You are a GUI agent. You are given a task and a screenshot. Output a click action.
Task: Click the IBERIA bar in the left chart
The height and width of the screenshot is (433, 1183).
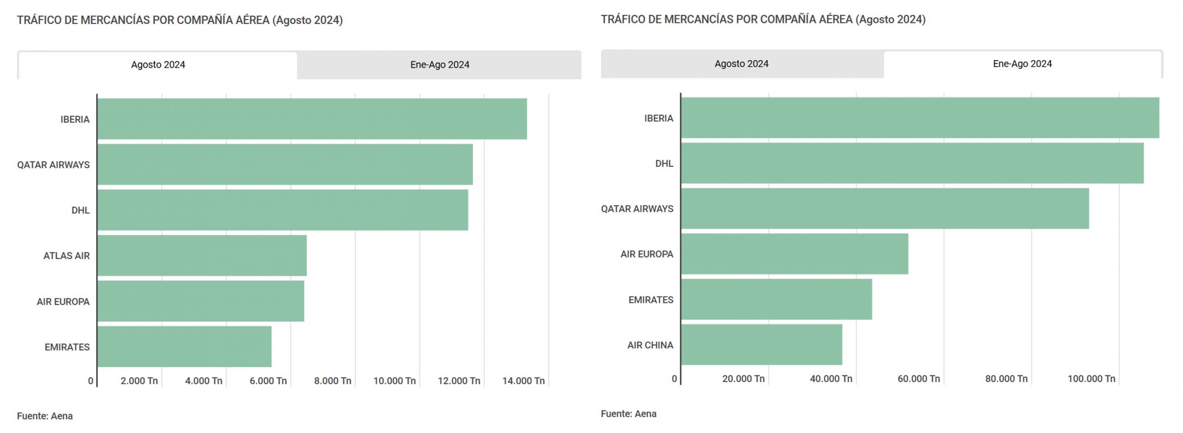pyautogui.click(x=312, y=119)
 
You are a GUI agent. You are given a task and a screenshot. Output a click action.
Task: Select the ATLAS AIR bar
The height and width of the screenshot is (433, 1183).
pyautogui.click(x=202, y=256)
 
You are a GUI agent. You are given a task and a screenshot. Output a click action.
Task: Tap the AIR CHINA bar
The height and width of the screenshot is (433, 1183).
pyautogui.click(x=762, y=345)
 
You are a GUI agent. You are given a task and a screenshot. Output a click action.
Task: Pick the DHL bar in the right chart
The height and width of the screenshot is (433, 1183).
pyautogui.click(x=912, y=163)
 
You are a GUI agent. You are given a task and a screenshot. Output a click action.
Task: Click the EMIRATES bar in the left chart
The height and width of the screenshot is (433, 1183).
pyautogui.click(x=184, y=347)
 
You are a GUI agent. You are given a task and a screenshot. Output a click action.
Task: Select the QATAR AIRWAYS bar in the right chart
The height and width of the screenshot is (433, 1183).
pyautogui.click(x=885, y=208)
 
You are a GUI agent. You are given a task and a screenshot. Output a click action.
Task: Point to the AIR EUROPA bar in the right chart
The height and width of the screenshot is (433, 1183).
pyautogui.click(x=794, y=254)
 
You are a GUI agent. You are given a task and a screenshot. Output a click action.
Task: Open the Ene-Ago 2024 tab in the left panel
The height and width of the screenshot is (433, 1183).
pyautogui.click(x=439, y=65)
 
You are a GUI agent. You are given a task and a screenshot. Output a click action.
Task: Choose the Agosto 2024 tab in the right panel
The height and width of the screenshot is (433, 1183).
pyautogui.click(x=741, y=64)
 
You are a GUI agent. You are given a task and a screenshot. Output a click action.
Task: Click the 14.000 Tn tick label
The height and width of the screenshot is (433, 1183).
pyautogui.click(x=523, y=381)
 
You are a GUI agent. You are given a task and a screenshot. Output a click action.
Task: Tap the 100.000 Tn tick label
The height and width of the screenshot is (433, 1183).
pyautogui.click(x=1091, y=379)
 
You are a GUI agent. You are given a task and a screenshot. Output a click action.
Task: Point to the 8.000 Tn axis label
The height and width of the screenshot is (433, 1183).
pyautogui.click(x=332, y=381)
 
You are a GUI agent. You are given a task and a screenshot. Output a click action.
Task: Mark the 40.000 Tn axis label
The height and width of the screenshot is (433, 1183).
pyautogui.click(x=831, y=379)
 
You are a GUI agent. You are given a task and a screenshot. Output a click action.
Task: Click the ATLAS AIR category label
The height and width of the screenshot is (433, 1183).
pyautogui.click(x=67, y=256)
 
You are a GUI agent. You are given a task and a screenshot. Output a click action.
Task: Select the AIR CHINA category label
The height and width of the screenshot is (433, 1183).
pyautogui.click(x=650, y=345)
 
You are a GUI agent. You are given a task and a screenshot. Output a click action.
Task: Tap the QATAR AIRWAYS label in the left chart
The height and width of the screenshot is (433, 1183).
pyautogui.click(x=53, y=165)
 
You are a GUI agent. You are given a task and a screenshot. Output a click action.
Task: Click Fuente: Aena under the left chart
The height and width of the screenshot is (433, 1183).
pyautogui.click(x=45, y=416)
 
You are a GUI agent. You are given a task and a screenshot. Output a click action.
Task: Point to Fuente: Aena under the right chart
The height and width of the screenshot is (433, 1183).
pyautogui.click(x=628, y=414)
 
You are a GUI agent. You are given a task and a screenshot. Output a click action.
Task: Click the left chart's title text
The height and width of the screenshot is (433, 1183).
pyautogui.click(x=180, y=20)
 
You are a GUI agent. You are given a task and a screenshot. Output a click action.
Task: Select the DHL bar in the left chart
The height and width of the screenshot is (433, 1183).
pyautogui.click(x=282, y=210)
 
